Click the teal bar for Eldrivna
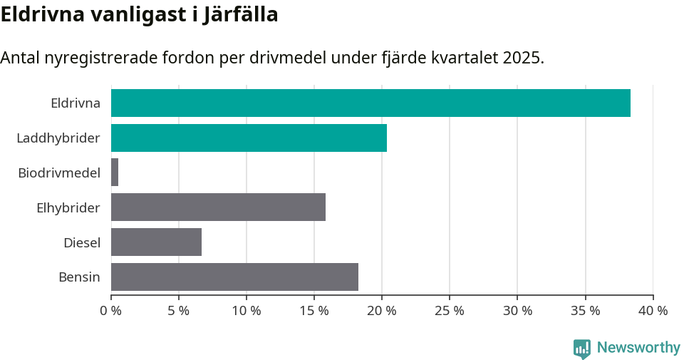point(370,103)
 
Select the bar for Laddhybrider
point(249,138)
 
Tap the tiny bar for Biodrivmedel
point(115,173)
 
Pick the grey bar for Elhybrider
point(218,207)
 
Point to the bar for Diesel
point(156,242)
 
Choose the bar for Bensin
point(234,277)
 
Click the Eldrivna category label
point(75,103)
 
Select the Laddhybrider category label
point(58,138)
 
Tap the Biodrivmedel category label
point(58,173)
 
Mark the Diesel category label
point(81,242)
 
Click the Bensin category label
point(79,277)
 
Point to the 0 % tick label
point(111,311)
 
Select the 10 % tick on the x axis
point(247,311)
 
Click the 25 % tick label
point(450,311)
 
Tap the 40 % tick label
point(653,311)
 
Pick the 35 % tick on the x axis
point(585,311)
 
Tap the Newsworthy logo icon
point(582,349)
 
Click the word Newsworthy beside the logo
point(638,348)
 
